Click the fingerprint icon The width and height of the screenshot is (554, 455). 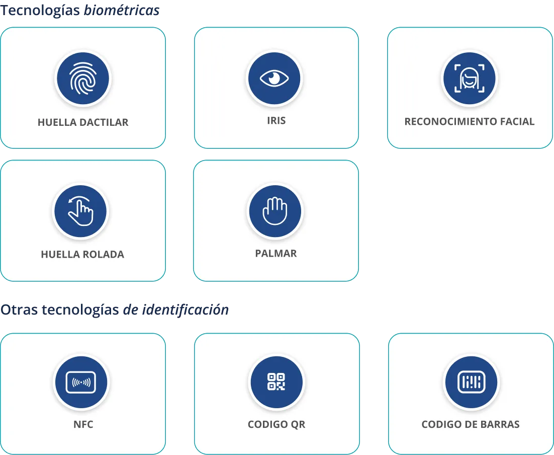[83, 79]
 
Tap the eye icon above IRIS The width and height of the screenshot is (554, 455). [274, 78]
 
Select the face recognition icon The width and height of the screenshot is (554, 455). [469, 78]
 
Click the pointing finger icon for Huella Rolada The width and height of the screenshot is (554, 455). [80, 211]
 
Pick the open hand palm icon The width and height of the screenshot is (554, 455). [275, 211]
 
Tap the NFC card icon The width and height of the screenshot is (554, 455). [81, 382]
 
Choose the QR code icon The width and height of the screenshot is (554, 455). [276, 382]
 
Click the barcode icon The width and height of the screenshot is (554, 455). [472, 382]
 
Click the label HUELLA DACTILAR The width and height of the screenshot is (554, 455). [83, 122]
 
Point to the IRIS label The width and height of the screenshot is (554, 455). [276, 121]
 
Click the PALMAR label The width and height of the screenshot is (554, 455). [276, 254]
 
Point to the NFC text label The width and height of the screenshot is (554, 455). [83, 424]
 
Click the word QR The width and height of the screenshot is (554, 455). [298, 425]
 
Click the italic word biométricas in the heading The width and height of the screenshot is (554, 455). [122, 10]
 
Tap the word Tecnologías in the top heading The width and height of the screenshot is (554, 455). [40, 11]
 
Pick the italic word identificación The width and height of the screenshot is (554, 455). [186, 310]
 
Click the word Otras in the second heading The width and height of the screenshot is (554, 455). [19, 310]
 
